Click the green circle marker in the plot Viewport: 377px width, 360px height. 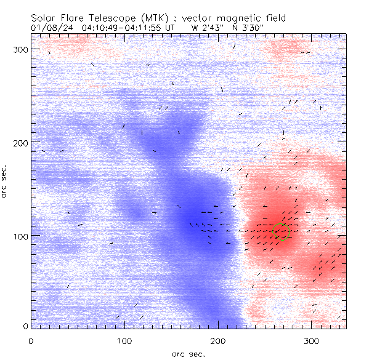pos(282,232)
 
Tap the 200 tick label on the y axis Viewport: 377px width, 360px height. pos(21,142)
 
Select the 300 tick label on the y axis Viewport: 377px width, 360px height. pos(21,49)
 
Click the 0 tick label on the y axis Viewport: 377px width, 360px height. pos(25,326)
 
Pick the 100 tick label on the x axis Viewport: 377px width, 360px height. pos(124,340)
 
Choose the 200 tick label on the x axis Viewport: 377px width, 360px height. pos(218,340)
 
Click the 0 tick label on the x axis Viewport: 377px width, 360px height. pos(31,340)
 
